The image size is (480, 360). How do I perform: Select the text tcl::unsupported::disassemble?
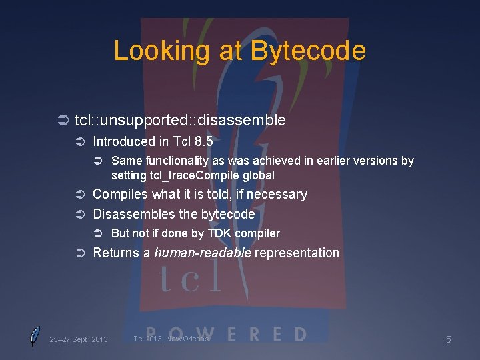pyautogui.click(x=180, y=120)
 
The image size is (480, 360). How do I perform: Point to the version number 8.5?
pyautogui.click(x=201, y=141)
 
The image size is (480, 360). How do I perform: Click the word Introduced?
pyautogui.click(x=123, y=141)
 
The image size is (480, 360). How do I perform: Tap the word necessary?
pyautogui.click(x=279, y=195)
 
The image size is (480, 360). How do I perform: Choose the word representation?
pyautogui.click(x=297, y=253)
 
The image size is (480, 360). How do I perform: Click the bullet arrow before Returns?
pyautogui.click(x=79, y=253)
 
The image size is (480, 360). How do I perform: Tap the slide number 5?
pyautogui.click(x=448, y=339)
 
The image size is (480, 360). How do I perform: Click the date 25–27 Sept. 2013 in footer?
pyautogui.click(x=78, y=339)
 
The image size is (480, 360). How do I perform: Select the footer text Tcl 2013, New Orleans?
pyautogui.click(x=171, y=339)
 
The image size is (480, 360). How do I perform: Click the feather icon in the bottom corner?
pyautogui.click(x=34, y=337)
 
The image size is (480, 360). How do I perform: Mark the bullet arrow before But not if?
pyautogui.click(x=98, y=233)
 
